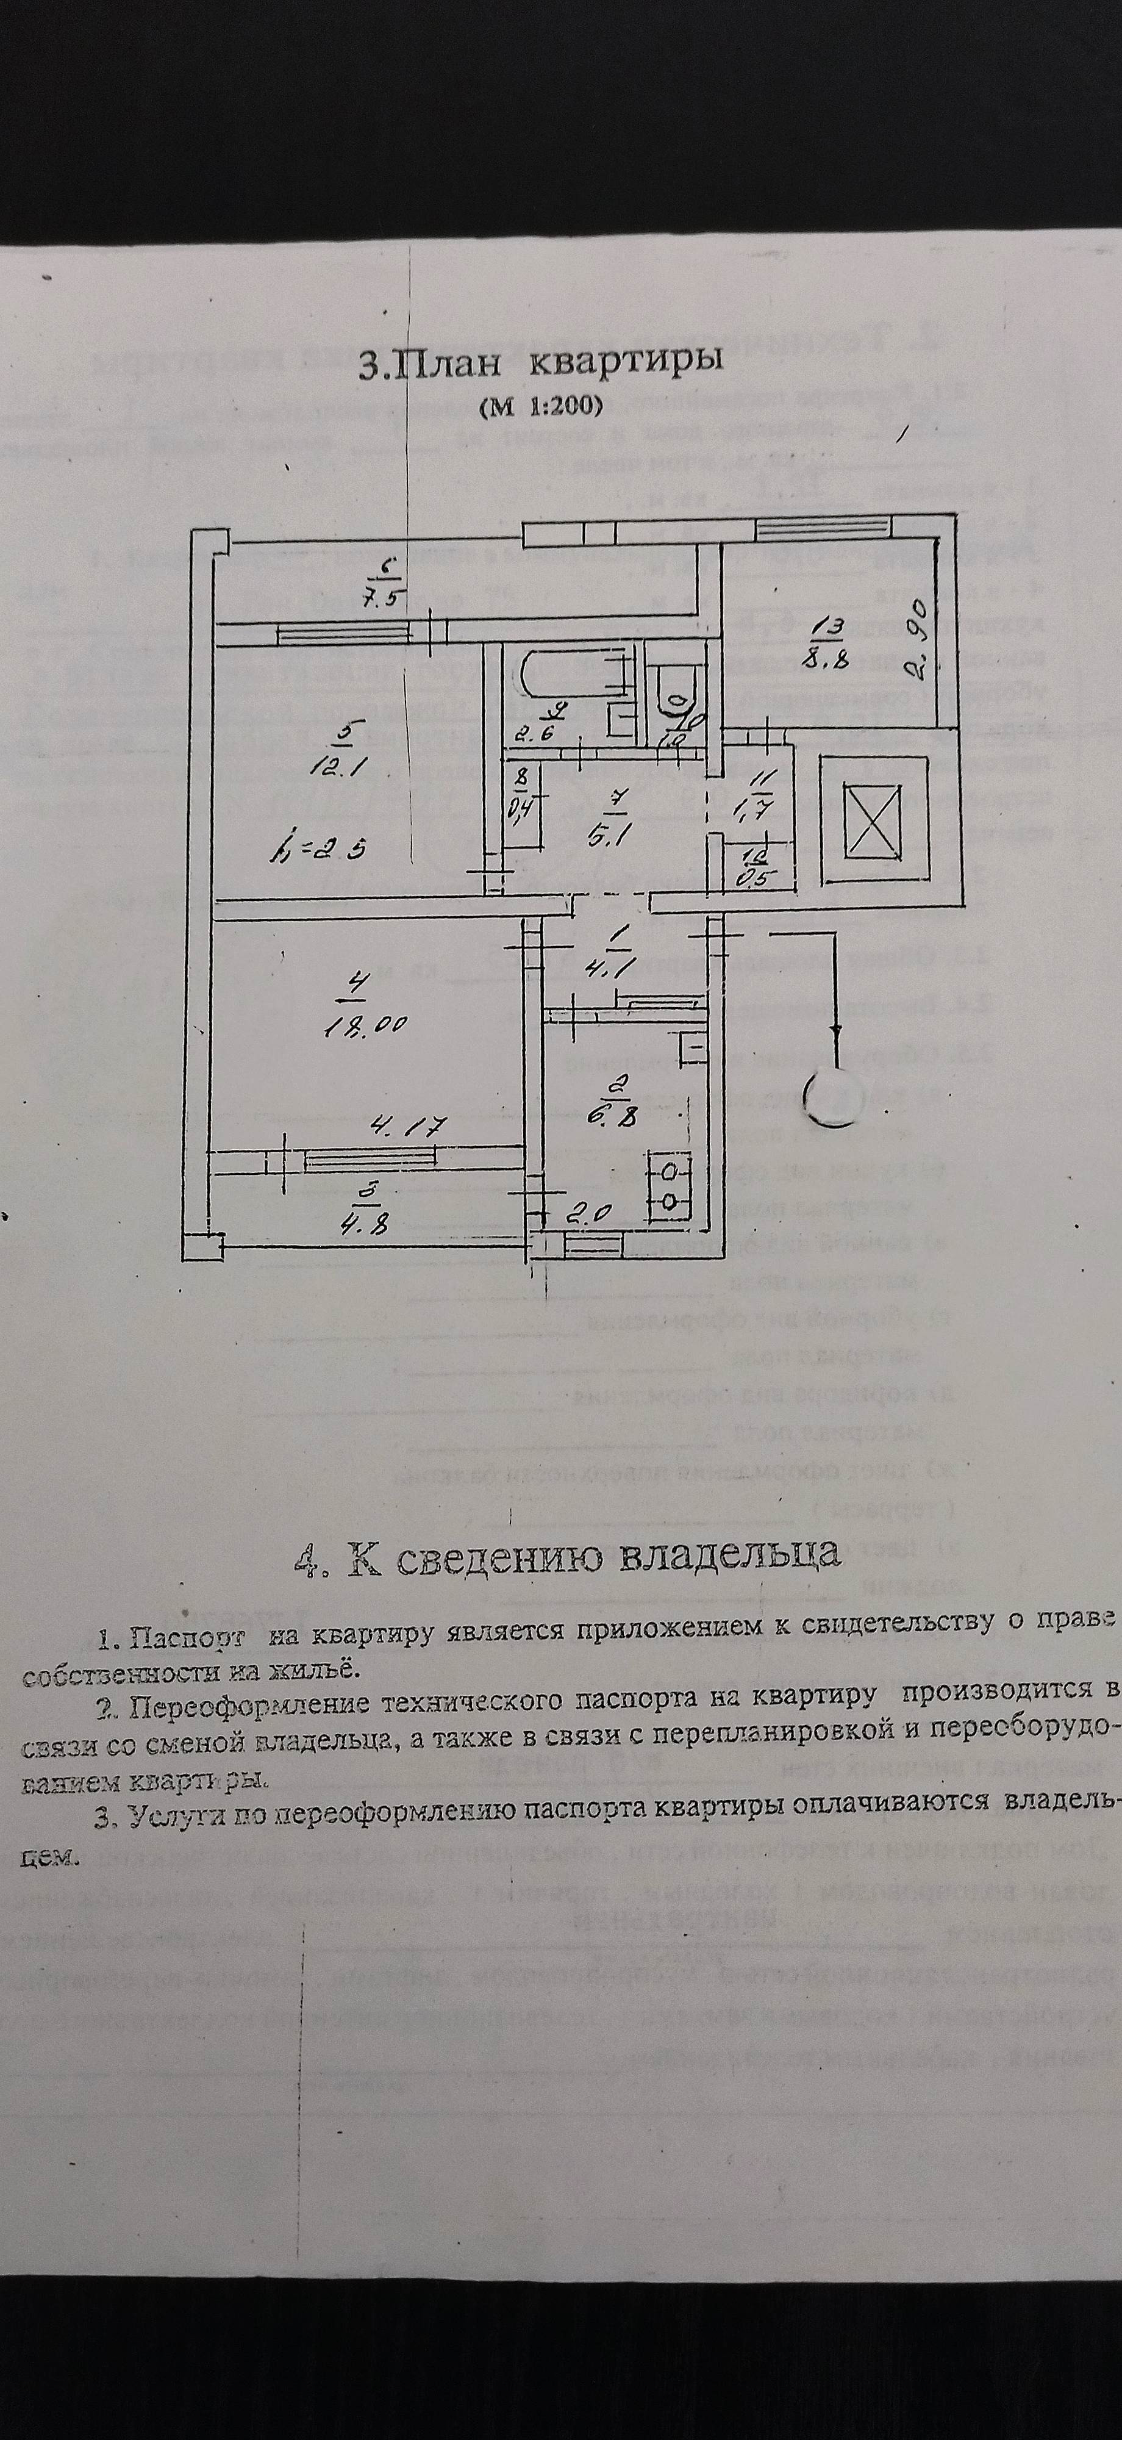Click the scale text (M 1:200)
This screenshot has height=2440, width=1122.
click(x=541, y=407)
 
